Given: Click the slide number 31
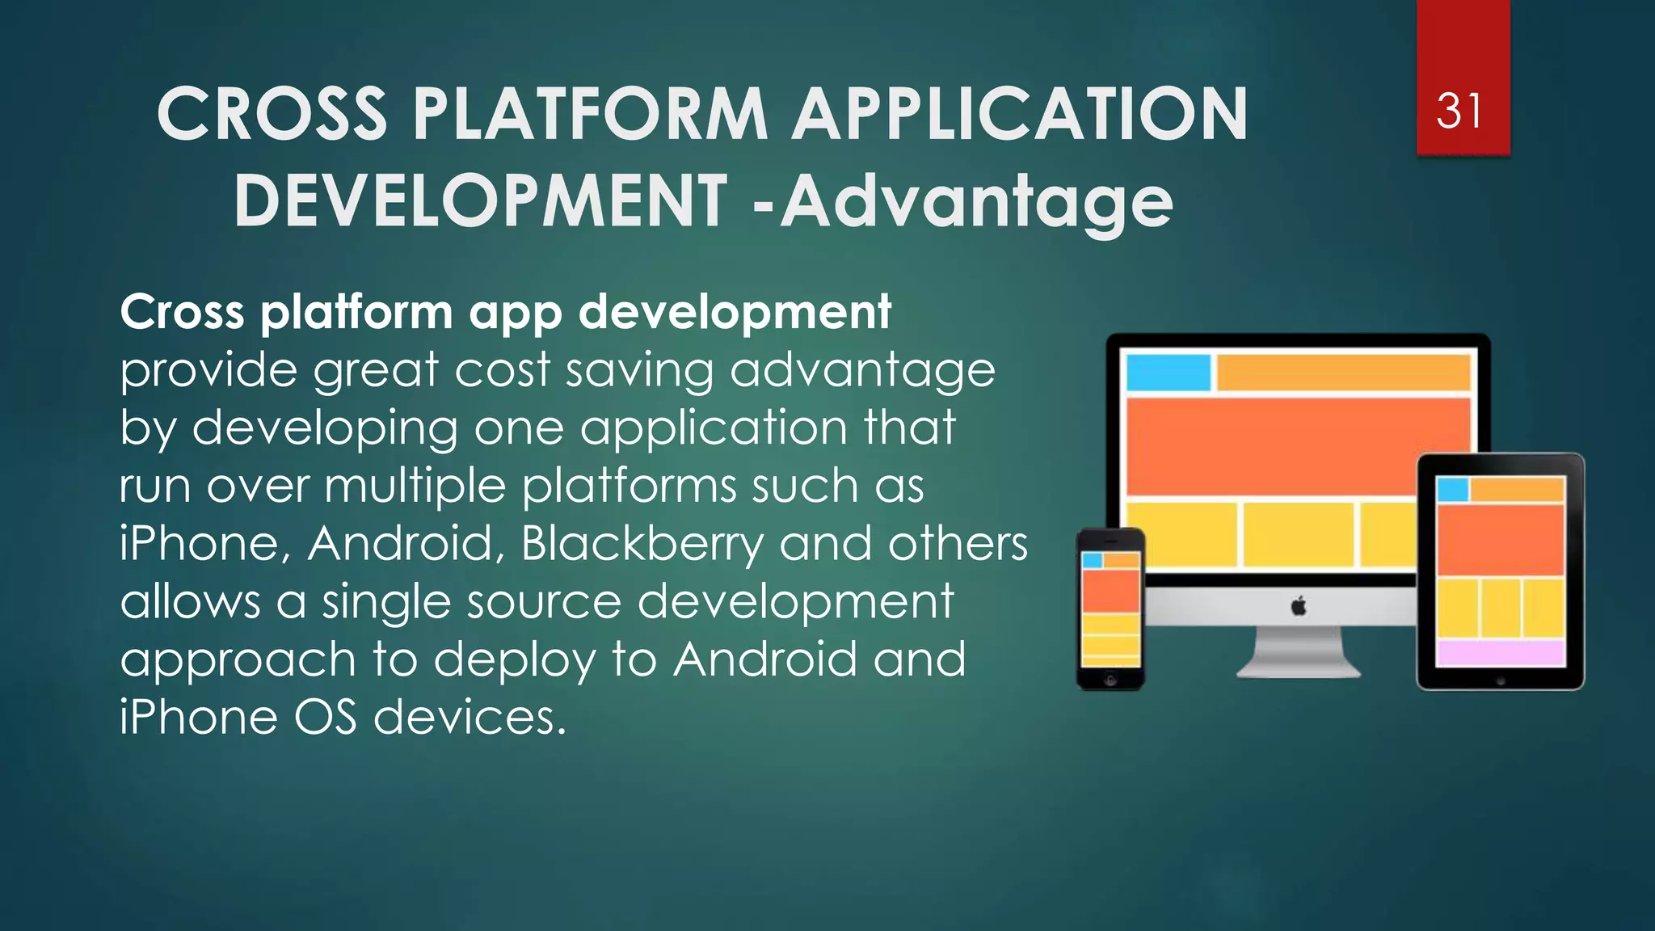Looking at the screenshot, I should (x=1459, y=112).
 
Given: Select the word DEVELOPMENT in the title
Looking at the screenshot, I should (x=480, y=202).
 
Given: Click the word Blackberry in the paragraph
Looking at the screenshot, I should (x=642, y=543).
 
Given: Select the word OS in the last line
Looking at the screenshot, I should (x=324, y=717).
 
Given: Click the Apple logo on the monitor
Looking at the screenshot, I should (x=1299, y=605).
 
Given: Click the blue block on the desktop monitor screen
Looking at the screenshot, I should (x=1168, y=373).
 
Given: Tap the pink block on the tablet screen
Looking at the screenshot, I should (x=1500, y=652).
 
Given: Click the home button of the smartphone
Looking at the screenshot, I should (x=1110, y=680).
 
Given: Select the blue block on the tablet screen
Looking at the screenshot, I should (x=1452, y=490).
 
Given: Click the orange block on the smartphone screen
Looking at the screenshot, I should (x=1110, y=591).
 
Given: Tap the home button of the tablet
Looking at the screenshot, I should (x=1501, y=681).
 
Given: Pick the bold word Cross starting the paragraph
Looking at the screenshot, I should (x=182, y=312).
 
